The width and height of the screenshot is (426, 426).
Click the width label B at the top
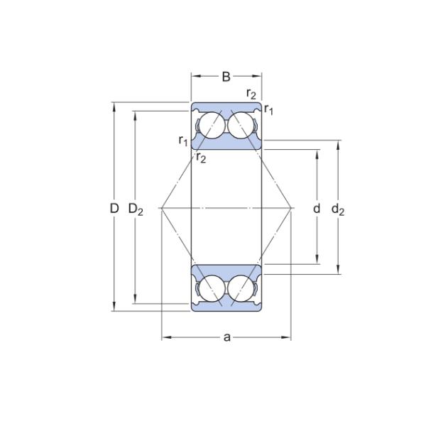pyautogui.click(x=226, y=77)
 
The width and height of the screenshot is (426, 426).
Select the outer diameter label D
pyautogui.click(x=114, y=208)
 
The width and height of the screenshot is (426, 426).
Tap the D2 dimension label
pyautogui.click(x=136, y=209)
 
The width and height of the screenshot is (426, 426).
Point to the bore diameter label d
pyautogui.click(x=317, y=208)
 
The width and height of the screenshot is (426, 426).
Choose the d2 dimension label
pyautogui.click(x=338, y=209)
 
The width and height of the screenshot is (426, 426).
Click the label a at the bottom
pyautogui.click(x=227, y=337)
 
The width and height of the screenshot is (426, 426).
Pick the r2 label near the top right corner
pyautogui.click(x=251, y=94)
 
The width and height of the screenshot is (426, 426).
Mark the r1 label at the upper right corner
pyautogui.click(x=268, y=109)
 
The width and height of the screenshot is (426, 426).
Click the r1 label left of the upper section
pyautogui.click(x=183, y=141)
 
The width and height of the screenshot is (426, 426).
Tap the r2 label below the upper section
pyautogui.click(x=201, y=158)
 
